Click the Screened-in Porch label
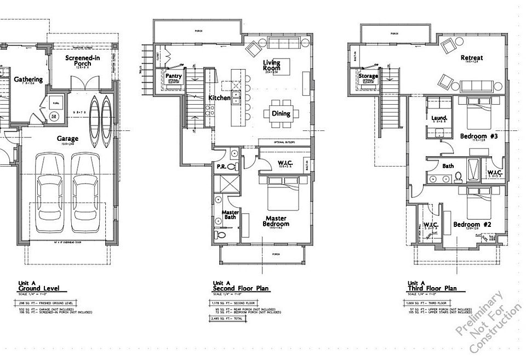pos(82,61)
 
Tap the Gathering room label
pos(28,79)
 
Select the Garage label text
pos(68,139)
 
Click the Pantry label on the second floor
pos(174,76)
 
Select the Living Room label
pos(271,66)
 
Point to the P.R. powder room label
pos(222,167)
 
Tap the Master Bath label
pos(228,215)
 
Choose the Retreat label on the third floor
pos(471,58)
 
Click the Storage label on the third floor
pos(369,76)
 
